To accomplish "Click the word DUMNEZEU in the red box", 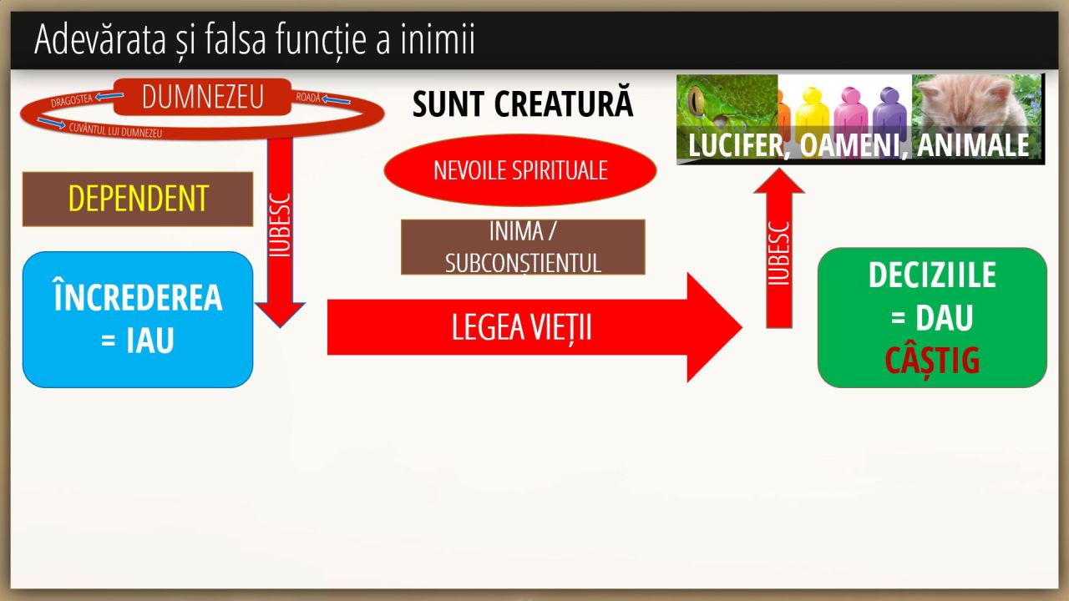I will click(x=203, y=97).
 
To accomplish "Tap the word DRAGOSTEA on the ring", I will click(x=72, y=101).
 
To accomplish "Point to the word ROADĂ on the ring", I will click(x=308, y=98).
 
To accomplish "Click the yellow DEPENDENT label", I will click(x=138, y=199).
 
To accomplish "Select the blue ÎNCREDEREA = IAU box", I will click(x=138, y=320).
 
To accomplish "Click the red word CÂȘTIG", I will click(x=932, y=361).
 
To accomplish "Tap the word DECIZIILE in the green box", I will click(x=932, y=275).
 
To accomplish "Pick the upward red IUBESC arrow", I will click(x=778, y=250).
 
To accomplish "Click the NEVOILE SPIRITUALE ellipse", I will click(x=519, y=170).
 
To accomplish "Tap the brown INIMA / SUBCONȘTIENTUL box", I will click(x=523, y=247).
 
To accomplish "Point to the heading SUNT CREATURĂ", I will click(x=523, y=105).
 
